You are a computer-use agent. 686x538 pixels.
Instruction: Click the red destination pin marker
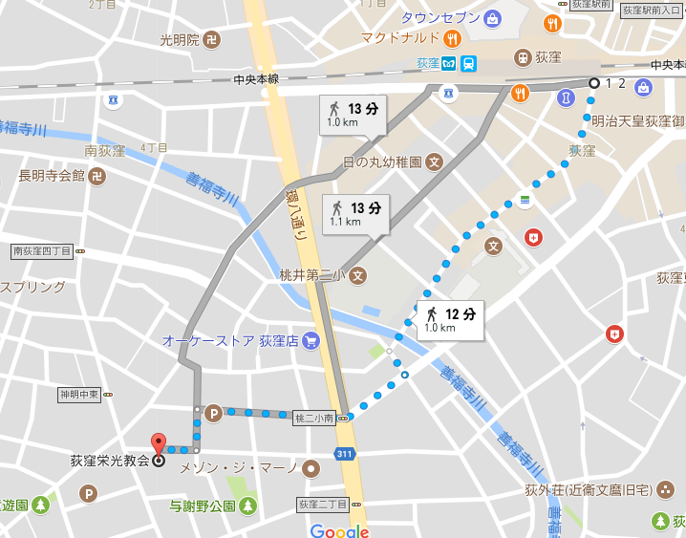pyautogui.click(x=158, y=443)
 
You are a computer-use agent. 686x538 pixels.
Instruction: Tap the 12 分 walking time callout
pyautogui.click(x=450, y=319)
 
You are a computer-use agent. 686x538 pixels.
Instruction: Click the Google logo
pyautogui.click(x=339, y=530)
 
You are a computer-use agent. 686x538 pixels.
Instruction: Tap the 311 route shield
pyautogui.click(x=343, y=453)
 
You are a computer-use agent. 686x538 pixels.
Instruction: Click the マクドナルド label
pyautogui.click(x=399, y=38)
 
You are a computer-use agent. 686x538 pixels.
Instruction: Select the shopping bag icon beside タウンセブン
pyautogui.click(x=492, y=17)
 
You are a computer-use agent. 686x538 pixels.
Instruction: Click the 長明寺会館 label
pyautogui.click(x=53, y=176)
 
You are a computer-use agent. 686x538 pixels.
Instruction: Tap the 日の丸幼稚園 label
pyautogui.click(x=382, y=161)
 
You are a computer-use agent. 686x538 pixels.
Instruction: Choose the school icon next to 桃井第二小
pyautogui.click(x=356, y=276)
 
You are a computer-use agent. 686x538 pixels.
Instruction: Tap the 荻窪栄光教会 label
pyautogui.click(x=110, y=460)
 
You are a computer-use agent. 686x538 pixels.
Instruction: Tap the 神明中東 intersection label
pyautogui.click(x=79, y=394)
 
